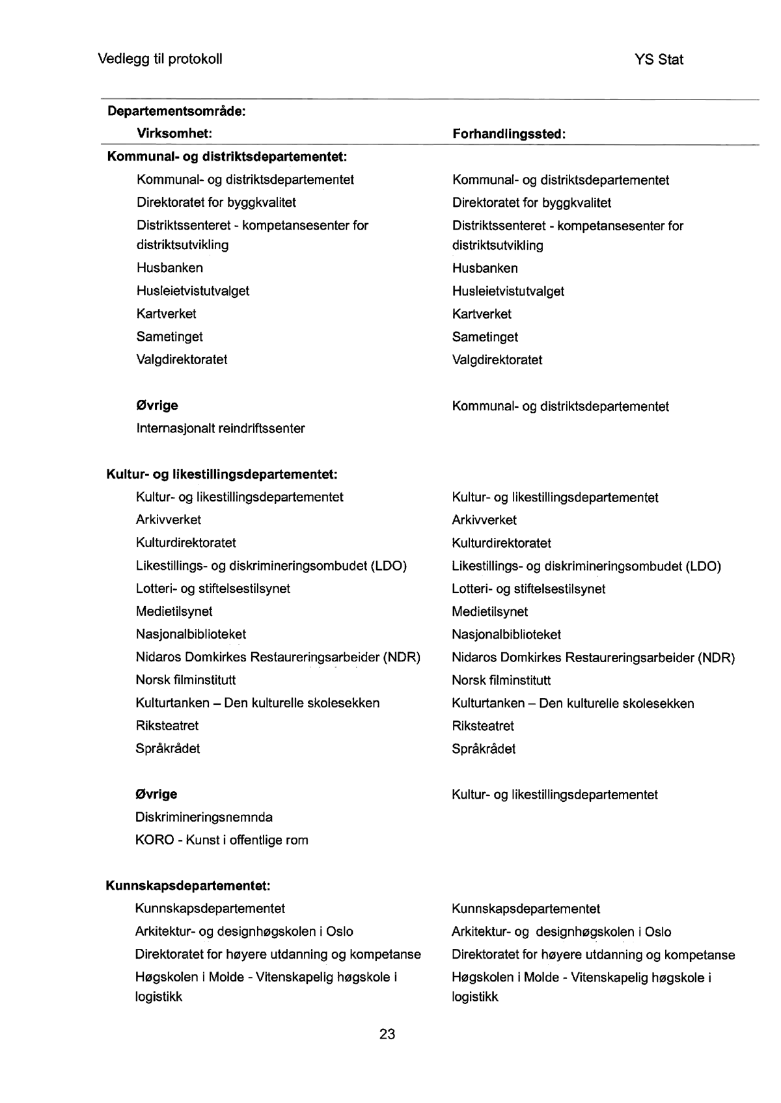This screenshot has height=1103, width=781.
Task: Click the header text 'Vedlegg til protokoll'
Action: (x=160, y=59)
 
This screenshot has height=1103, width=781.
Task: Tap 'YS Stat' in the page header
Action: (x=659, y=60)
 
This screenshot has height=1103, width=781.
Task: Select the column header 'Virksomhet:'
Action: (x=174, y=134)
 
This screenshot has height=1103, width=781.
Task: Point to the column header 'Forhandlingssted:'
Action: (x=509, y=134)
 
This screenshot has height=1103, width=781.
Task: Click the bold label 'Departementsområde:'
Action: (x=176, y=111)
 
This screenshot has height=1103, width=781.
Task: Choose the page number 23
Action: (x=387, y=1034)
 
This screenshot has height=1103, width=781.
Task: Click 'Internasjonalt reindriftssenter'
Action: (x=221, y=429)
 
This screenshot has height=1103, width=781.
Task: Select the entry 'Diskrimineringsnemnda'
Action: (x=204, y=817)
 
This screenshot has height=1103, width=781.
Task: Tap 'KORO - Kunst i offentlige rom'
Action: (x=222, y=840)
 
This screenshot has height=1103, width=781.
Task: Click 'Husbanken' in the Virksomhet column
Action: (x=170, y=268)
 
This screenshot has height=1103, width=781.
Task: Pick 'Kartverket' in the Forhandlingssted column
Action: (x=482, y=314)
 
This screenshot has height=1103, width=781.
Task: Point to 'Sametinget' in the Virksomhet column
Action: (x=170, y=337)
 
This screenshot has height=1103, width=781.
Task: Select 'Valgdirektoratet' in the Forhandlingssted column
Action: (x=497, y=360)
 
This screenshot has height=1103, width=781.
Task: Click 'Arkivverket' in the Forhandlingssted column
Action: (x=484, y=520)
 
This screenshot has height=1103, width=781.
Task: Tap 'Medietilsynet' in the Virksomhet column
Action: (x=174, y=611)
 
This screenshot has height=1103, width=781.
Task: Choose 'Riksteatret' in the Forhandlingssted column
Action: (x=483, y=726)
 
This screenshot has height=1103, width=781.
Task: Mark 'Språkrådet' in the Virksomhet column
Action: (x=168, y=749)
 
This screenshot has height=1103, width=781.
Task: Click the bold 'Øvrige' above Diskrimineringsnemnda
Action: (x=156, y=794)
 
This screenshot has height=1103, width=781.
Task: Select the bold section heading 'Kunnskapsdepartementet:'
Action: (x=187, y=886)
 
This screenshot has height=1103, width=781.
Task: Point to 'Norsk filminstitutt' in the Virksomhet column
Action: (x=185, y=680)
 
